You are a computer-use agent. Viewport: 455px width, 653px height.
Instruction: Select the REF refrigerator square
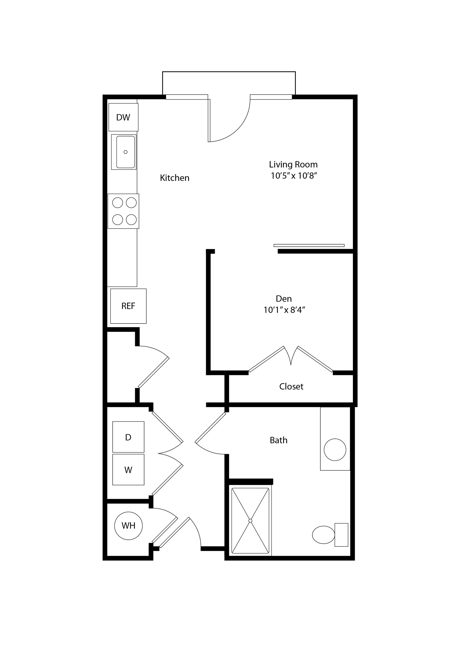pos(128,306)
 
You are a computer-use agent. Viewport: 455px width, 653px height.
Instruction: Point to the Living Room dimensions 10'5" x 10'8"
pos(294,176)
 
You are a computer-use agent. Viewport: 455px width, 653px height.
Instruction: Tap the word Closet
pos(291,387)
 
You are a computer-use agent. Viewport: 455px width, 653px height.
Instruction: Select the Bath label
pos(278,440)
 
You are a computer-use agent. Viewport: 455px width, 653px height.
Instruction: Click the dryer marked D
pos(128,437)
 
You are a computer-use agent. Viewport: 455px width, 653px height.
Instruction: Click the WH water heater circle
pos(128,526)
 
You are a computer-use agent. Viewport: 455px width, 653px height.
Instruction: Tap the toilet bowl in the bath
pos(324,535)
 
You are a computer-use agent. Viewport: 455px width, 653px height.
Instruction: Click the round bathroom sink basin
pos(335,449)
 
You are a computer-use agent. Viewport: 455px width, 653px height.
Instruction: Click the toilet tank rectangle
pos(341,535)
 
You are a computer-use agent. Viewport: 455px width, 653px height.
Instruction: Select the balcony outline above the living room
pos(229,72)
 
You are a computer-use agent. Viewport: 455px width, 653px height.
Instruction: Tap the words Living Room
pos(293,165)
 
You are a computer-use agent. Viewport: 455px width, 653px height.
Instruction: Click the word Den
pos(284,299)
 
